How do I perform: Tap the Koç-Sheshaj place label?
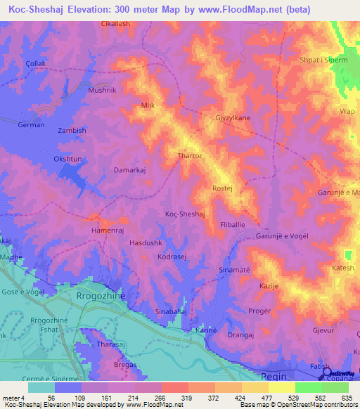(184, 214)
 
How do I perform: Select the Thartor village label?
(190, 156)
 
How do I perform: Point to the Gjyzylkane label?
(233, 119)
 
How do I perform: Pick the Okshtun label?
(68, 159)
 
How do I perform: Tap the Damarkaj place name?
(129, 170)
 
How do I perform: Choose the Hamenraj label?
(108, 230)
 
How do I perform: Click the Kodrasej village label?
(172, 258)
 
